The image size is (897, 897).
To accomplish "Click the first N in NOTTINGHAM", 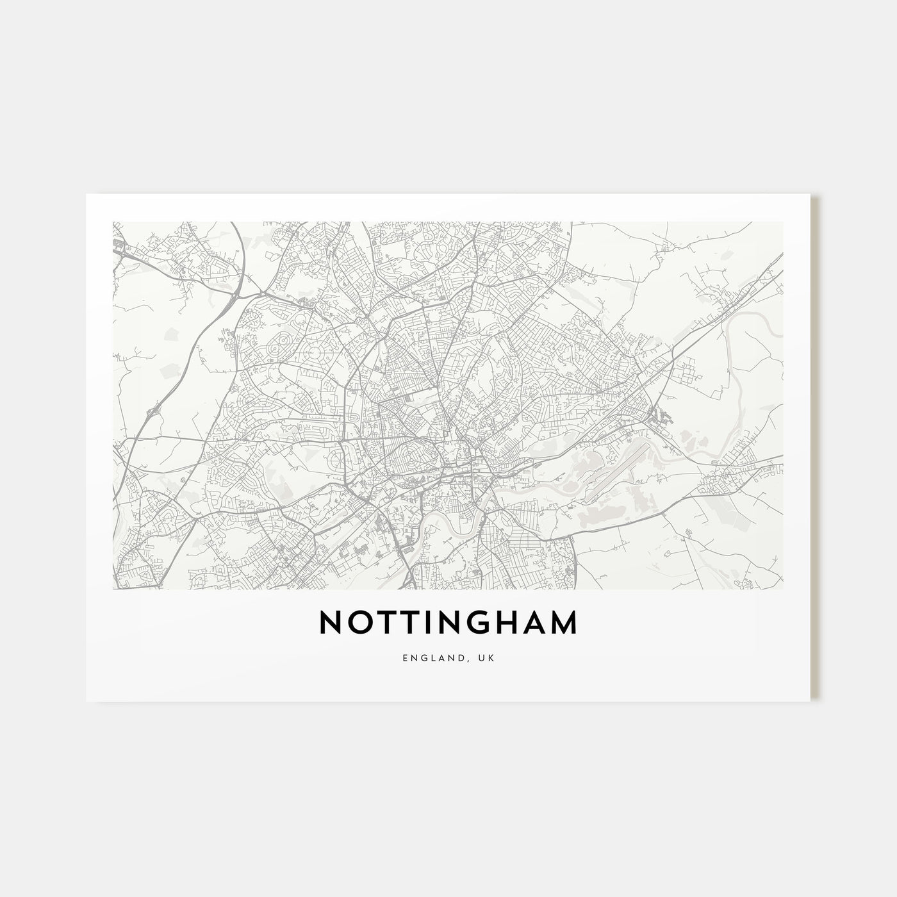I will (x=329, y=622).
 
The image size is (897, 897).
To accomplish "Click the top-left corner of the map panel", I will (x=113, y=222).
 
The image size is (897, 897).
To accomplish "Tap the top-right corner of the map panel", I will (x=783, y=222).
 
